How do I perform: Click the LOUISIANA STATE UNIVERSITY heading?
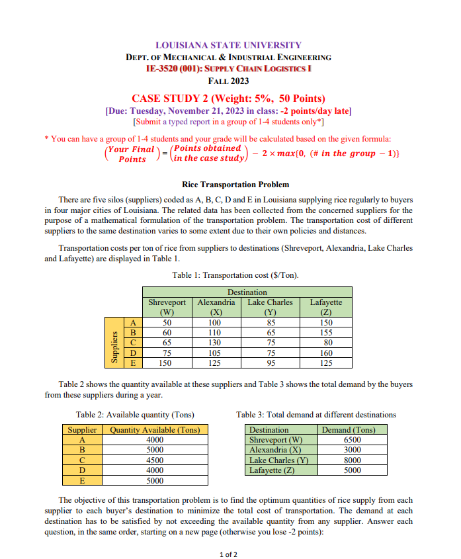(x=228, y=46)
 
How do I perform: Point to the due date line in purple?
(x=228, y=110)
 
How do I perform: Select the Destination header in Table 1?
(x=247, y=292)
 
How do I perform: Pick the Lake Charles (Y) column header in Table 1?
(x=270, y=306)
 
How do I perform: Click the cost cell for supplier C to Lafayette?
(x=325, y=343)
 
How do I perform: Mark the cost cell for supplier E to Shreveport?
(x=167, y=363)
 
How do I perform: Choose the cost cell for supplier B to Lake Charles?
(x=270, y=332)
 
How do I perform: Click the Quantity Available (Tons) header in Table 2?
(x=154, y=430)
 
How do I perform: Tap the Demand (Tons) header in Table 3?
(x=348, y=430)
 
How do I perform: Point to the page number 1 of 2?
(x=228, y=554)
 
